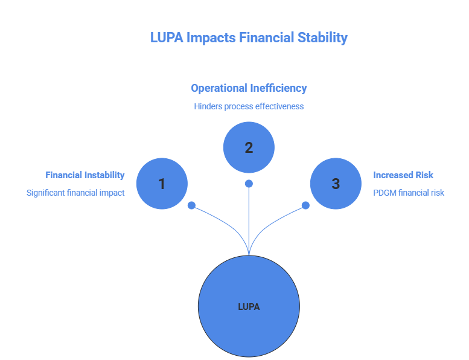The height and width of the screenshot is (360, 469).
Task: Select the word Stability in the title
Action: [x=322, y=37]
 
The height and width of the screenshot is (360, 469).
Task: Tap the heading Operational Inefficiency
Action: [x=249, y=88]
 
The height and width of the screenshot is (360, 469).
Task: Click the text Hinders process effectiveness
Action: [x=249, y=106]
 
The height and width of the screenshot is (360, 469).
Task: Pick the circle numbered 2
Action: [x=249, y=147]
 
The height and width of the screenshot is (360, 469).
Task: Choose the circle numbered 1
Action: [x=162, y=184]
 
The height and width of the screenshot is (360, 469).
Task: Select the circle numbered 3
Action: [x=336, y=184]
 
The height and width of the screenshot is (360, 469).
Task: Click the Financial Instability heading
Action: [x=85, y=175]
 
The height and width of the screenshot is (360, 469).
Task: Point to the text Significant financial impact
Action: [x=75, y=193]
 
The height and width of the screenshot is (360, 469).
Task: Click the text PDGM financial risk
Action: [x=409, y=193]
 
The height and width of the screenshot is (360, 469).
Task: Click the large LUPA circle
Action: [x=249, y=306]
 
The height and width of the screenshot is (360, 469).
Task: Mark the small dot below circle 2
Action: [x=249, y=184]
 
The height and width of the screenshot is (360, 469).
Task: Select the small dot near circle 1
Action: [x=191, y=205]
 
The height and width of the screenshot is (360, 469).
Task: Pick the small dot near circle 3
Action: [x=305, y=205]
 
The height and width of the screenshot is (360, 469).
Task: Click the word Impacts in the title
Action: [x=211, y=37]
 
